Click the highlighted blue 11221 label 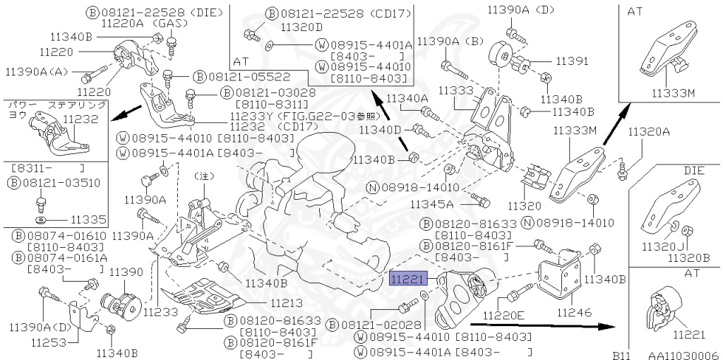(x=407, y=280)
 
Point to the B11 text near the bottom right (x=619, y=356)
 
